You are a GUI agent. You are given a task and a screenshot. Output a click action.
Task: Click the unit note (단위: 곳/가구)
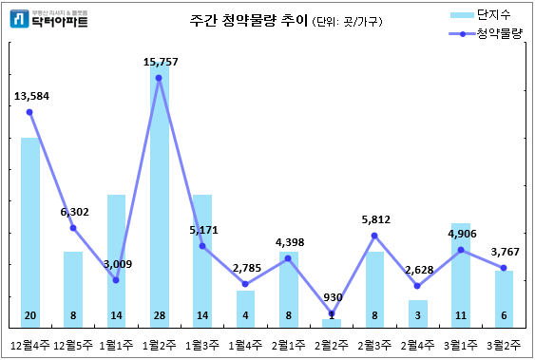tap(348, 22)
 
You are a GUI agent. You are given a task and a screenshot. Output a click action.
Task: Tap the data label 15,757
tap(160, 62)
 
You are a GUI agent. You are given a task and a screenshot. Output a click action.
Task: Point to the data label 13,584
tap(31, 96)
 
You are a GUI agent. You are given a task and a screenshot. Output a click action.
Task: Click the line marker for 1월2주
tap(159, 78)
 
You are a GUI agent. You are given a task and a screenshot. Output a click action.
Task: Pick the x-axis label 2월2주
tap(331, 345)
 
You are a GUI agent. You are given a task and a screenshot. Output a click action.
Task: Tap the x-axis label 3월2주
tap(503, 345)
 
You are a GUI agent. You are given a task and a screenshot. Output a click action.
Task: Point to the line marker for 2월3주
tap(374, 236)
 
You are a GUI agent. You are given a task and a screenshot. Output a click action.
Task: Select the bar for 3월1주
tap(460, 275)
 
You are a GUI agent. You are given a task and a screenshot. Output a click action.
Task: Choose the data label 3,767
tap(503, 252)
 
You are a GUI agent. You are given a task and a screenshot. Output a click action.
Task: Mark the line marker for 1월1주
tap(116, 280)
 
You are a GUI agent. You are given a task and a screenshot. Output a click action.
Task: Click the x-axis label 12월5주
tap(73, 345)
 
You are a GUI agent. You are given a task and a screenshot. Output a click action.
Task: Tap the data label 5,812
tap(374, 219)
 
